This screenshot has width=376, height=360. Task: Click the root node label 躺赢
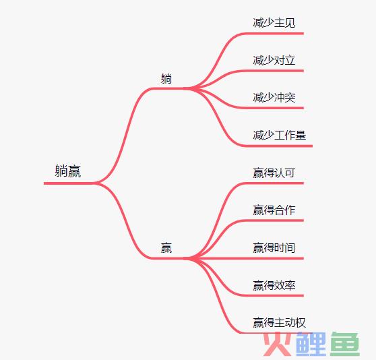(x=68, y=171)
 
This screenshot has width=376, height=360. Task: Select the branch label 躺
(x=166, y=79)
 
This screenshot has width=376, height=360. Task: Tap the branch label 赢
(x=166, y=248)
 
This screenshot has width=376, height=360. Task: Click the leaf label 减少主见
(x=274, y=23)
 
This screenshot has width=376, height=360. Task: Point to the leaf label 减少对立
(x=274, y=60)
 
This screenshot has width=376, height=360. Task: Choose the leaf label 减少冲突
(x=274, y=98)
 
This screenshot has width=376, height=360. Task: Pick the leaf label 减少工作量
(x=280, y=136)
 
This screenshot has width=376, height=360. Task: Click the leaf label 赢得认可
(x=274, y=173)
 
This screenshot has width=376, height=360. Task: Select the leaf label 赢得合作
(x=274, y=210)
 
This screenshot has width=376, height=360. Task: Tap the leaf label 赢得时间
(x=274, y=248)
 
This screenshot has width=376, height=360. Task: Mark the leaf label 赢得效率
(x=274, y=285)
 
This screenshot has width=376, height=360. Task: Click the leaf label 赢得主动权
(x=280, y=323)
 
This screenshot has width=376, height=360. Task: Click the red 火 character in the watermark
(x=278, y=344)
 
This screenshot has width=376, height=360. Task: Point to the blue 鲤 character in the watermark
(x=311, y=344)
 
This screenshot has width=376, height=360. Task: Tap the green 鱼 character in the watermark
(x=345, y=344)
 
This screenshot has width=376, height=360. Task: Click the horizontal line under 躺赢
(x=69, y=183)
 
